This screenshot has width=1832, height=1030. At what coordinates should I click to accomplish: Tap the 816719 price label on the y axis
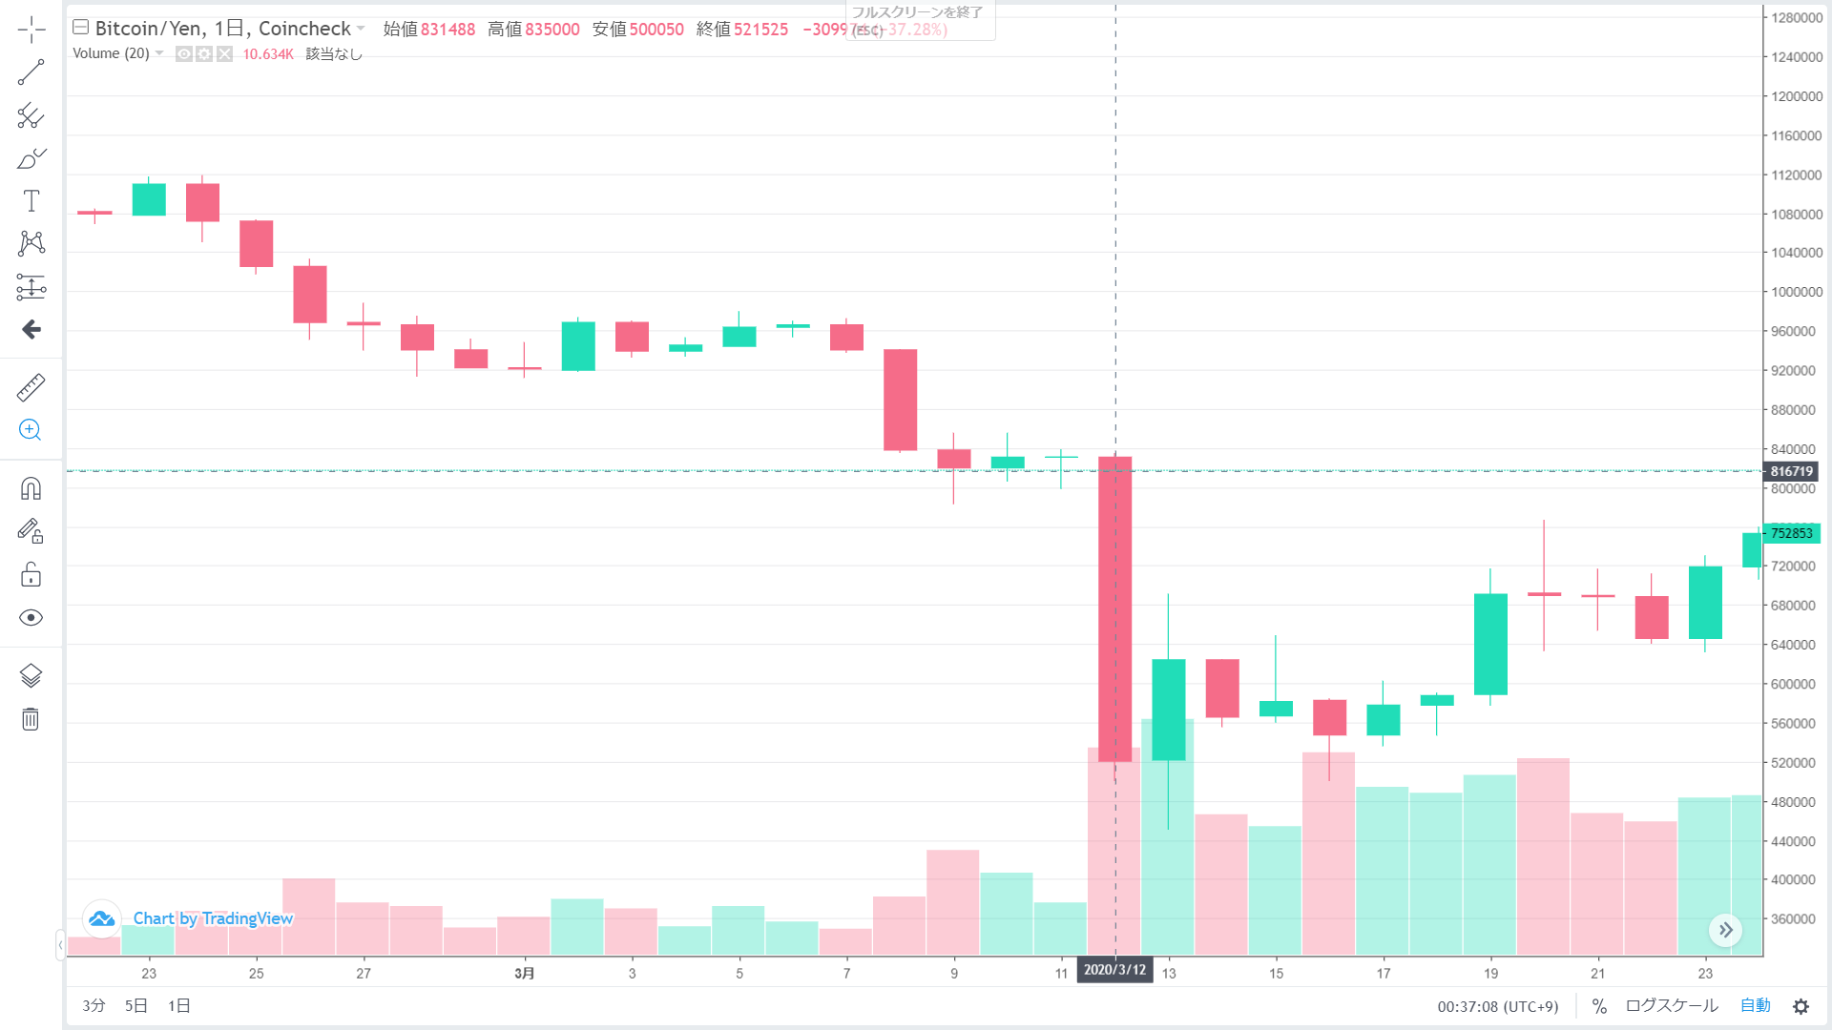point(1791,471)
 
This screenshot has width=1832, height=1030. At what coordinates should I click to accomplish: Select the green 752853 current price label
point(1791,533)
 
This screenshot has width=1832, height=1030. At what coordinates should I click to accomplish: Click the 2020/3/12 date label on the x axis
point(1114,970)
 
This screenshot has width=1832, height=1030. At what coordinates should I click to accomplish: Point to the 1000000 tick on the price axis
point(1796,292)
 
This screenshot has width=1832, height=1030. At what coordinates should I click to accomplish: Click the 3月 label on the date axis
point(524,974)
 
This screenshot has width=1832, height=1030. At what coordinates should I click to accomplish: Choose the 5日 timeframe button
point(136,1006)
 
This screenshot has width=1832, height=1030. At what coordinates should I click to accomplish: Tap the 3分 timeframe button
point(94,1006)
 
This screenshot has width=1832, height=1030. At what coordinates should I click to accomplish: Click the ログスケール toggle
point(1671,1006)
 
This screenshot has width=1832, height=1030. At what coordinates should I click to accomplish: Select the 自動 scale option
point(1755,1006)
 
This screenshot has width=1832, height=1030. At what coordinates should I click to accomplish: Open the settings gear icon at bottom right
point(1801,1007)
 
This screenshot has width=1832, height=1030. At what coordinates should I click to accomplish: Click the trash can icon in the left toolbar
point(31,719)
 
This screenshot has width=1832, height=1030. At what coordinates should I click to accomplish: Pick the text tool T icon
point(31,201)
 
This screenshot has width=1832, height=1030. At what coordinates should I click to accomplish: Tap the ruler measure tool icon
point(31,387)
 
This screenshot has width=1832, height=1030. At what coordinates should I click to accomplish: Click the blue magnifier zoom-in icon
point(31,430)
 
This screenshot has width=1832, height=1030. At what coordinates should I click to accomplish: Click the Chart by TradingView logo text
point(212,918)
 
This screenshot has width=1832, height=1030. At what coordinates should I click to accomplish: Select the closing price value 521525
point(760,30)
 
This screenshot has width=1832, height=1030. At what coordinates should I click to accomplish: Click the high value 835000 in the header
point(552,30)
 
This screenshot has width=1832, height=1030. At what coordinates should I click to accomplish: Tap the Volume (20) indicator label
point(111,53)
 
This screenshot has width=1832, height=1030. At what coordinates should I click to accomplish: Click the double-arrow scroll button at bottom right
point(1725,930)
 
